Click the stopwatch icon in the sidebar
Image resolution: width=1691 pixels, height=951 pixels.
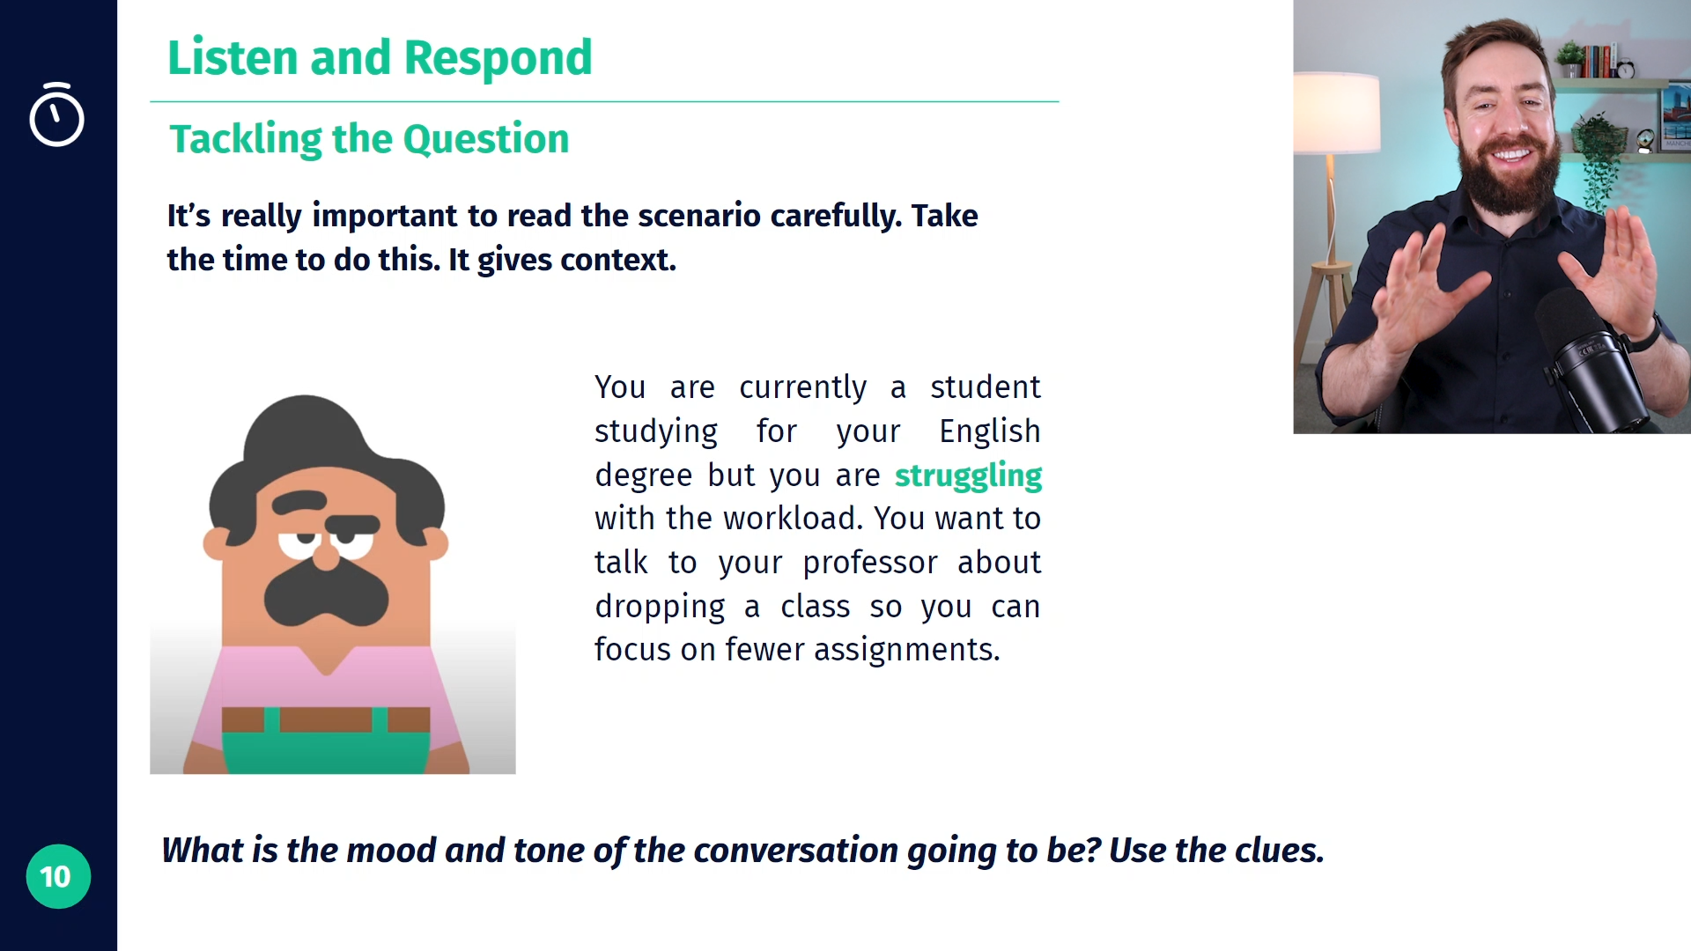56,114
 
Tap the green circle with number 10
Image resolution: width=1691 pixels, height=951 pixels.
58,876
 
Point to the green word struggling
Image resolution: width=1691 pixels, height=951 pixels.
968,476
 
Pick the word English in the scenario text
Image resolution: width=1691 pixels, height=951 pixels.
989,431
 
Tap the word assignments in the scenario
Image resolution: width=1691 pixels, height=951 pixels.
906,650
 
